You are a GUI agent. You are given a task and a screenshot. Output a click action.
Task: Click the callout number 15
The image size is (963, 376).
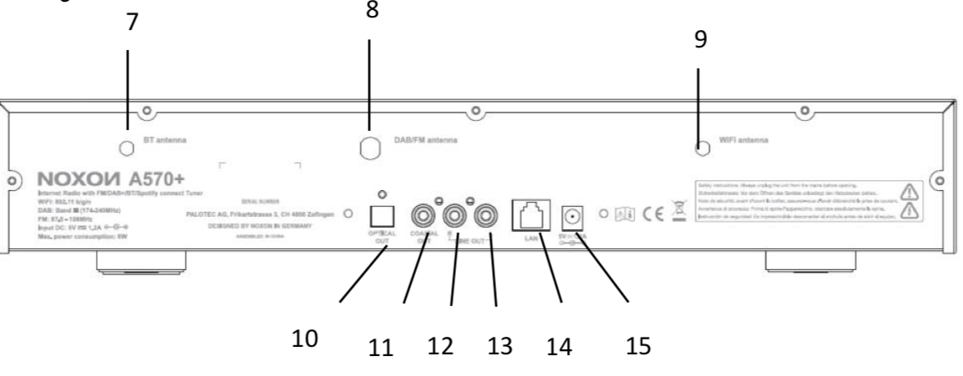(638, 343)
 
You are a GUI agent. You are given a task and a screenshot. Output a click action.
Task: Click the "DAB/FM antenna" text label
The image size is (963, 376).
(425, 141)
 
